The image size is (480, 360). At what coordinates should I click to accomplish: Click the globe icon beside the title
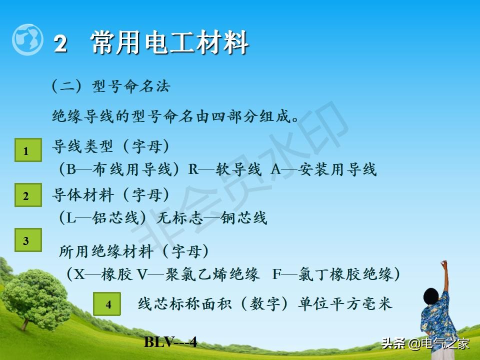(27, 40)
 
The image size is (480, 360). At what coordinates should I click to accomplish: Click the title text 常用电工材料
(170, 42)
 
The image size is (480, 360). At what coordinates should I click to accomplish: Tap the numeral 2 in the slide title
(60, 44)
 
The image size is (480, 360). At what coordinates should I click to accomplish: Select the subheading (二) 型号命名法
(111, 86)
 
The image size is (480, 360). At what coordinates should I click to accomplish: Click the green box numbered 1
(27, 150)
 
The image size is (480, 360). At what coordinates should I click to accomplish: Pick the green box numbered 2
(27, 196)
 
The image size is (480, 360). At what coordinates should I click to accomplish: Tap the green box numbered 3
(27, 241)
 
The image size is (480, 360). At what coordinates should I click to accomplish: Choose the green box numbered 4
(107, 304)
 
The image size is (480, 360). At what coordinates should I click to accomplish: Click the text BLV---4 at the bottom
(170, 342)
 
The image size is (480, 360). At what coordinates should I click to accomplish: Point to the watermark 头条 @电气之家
(425, 343)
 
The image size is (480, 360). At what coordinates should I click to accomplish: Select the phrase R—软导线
(224, 169)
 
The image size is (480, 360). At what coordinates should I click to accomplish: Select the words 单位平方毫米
(345, 304)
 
